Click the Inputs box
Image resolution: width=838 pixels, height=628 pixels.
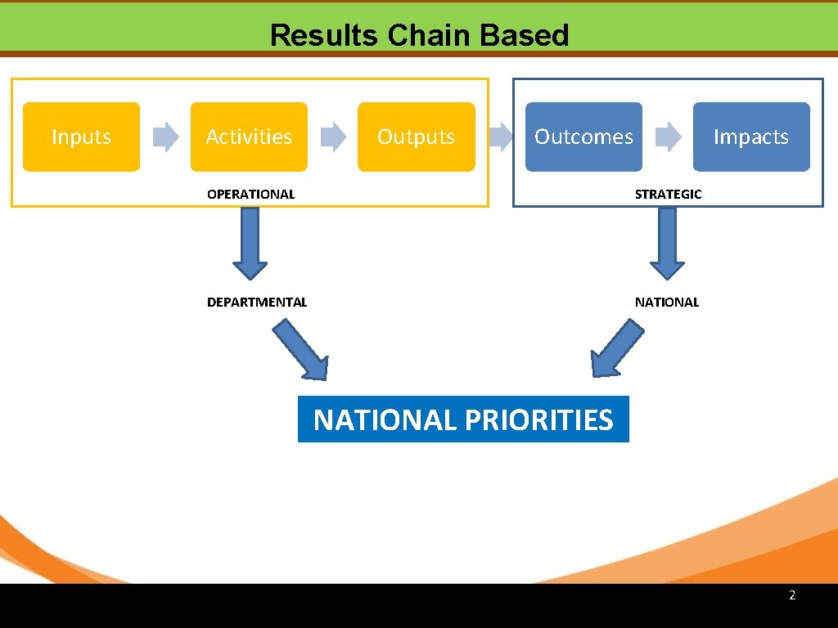tap(81, 137)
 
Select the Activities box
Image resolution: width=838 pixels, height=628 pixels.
tap(249, 137)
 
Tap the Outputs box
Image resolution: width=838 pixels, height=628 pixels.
tap(416, 137)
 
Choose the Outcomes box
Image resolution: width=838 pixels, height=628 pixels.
tap(583, 137)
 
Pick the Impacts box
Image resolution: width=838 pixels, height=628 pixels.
tap(750, 137)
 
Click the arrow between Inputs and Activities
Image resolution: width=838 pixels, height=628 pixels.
tap(166, 137)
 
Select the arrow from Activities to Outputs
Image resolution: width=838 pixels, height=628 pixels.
tap(333, 137)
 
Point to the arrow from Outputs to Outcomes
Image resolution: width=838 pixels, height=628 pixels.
tap(501, 137)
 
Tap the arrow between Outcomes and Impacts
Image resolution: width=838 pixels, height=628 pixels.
tap(669, 137)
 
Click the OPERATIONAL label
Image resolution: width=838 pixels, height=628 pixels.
tap(250, 195)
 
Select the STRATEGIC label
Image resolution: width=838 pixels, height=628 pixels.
tap(668, 195)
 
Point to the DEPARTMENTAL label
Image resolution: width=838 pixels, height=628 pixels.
tap(257, 303)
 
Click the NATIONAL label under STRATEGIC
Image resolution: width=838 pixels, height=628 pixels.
tap(667, 303)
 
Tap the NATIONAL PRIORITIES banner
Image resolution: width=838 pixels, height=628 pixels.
tap(463, 419)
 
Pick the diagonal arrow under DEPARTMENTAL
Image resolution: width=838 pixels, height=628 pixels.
tap(301, 350)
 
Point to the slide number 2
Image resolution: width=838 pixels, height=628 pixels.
tap(792, 595)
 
